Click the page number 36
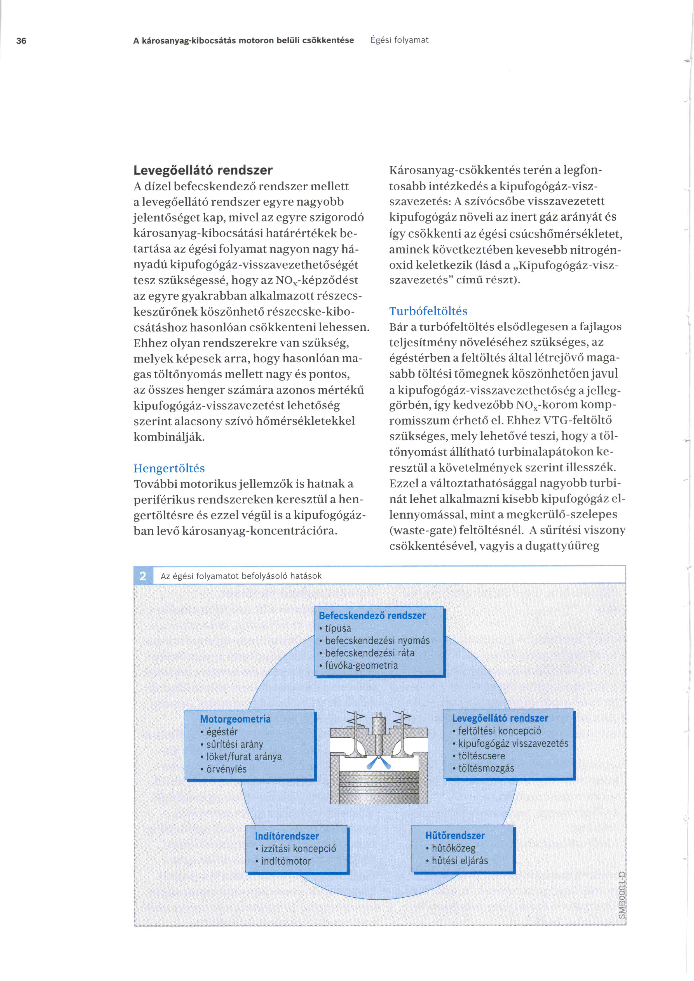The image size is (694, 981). click(21, 41)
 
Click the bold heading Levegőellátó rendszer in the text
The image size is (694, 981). click(203, 170)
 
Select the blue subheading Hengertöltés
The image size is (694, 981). click(169, 468)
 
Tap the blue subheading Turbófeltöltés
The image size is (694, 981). click(428, 311)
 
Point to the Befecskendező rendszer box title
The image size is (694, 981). click(372, 616)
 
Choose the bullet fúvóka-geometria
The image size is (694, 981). click(361, 665)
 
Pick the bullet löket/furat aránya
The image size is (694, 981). click(244, 757)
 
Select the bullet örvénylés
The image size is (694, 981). click(226, 769)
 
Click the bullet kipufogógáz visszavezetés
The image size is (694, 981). click(513, 744)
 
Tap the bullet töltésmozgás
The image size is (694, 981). click(486, 768)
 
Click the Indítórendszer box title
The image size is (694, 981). click(287, 836)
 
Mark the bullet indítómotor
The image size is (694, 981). click(286, 861)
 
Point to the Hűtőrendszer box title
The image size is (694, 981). click(455, 835)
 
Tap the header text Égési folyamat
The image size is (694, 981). click(399, 40)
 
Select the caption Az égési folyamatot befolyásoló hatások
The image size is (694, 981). click(241, 576)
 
